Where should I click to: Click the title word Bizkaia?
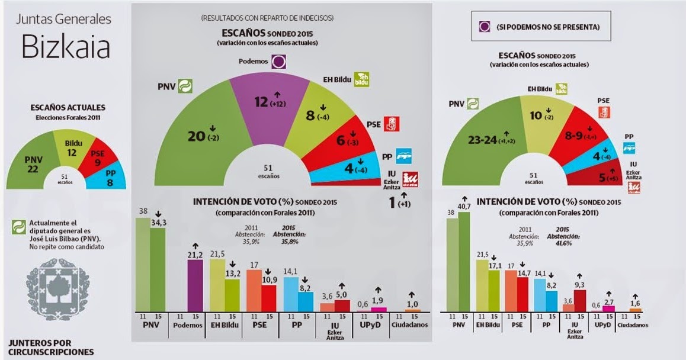click(66, 47)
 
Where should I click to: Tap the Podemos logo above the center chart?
click(279, 60)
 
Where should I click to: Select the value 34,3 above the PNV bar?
click(158, 222)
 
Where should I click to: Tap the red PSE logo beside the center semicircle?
click(391, 124)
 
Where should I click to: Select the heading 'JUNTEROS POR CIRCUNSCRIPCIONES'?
click(51, 347)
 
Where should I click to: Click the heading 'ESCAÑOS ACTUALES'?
click(68, 107)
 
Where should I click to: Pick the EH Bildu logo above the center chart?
click(361, 79)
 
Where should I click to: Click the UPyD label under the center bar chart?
click(371, 326)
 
